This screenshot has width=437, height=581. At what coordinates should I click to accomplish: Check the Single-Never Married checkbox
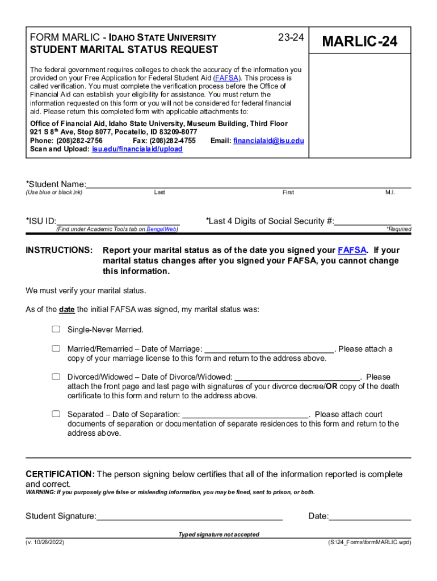56,329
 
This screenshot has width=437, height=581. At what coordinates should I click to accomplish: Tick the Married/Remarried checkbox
56,348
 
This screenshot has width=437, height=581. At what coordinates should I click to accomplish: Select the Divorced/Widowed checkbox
56,376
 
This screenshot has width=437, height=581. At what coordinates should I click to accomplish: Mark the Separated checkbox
56,414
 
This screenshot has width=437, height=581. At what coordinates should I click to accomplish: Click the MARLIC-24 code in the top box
359,41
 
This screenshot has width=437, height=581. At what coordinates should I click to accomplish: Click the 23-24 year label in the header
291,37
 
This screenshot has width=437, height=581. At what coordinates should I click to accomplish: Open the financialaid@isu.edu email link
268,140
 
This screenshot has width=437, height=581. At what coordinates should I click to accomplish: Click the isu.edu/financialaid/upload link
137,149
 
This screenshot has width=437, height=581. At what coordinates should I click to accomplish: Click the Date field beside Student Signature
370,516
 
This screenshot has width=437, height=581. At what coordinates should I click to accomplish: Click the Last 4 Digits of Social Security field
372,221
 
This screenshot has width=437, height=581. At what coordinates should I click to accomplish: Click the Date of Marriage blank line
269,349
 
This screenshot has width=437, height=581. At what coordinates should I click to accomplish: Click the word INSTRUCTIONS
59,250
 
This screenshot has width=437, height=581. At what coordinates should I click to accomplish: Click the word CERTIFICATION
60,474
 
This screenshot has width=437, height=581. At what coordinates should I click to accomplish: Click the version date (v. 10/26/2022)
45,542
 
